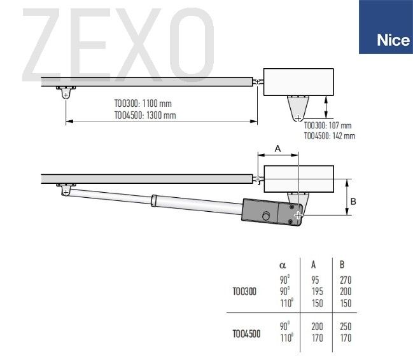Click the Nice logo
[386, 27]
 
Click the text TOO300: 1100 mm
[143, 104]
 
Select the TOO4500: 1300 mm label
[145, 115]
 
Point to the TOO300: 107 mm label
[328, 125]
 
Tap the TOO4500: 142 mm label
[330, 136]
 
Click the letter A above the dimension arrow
[278, 149]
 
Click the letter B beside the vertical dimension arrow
[353, 202]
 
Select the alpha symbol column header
[283, 265]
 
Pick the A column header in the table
[314, 265]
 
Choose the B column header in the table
[342, 265]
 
